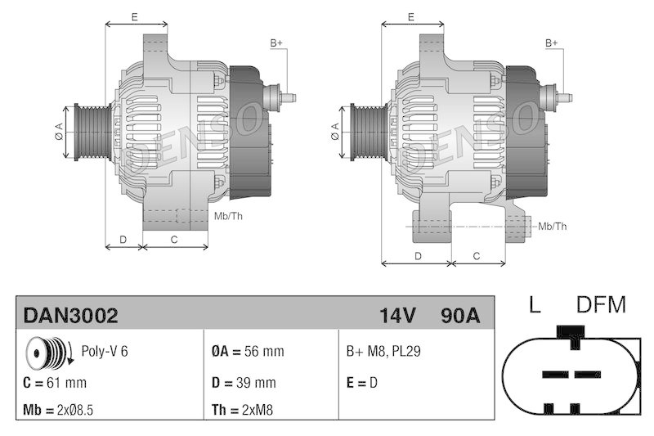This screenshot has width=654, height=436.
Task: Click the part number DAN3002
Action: [x=70, y=316]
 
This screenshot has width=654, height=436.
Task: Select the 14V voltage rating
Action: [x=398, y=316]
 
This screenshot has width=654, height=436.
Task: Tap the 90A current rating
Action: [x=459, y=316]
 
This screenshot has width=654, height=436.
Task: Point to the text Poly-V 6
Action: [x=105, y=352]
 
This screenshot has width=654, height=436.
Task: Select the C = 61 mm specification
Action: [x=56, y=382]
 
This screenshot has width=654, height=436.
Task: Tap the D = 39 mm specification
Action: [x=243, y=382]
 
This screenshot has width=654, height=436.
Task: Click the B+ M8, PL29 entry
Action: [x=383, y=352]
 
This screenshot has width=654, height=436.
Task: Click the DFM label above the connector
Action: [x=601, y=306]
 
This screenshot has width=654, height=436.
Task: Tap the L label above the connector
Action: [x=535, y=306]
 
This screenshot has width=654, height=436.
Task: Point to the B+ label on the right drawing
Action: [x=552, y=43]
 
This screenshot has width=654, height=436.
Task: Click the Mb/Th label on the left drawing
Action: [x=227, y=216]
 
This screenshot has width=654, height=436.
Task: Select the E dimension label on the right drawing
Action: [x=411, y=16]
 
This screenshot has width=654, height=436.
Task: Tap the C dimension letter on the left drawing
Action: [x=174, y=239]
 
